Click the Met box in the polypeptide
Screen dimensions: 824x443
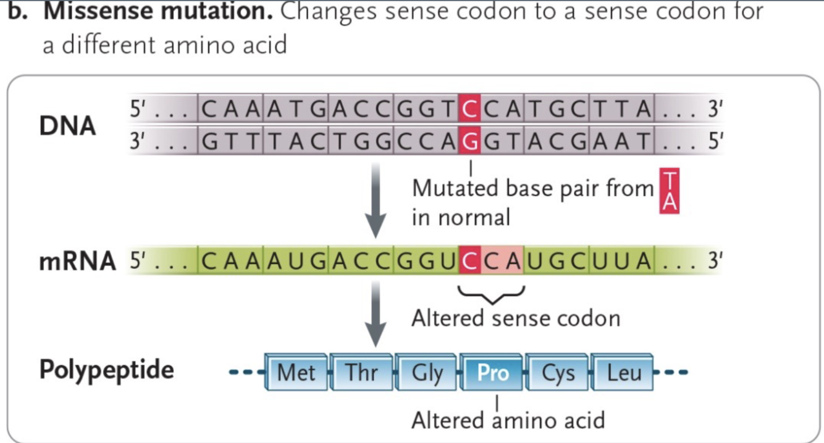pyautogui.click(x=296, y=373)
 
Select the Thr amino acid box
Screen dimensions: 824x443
pyautogui.click(x=361, y=373)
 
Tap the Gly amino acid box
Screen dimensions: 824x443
pyautogui.click(x=427, y=373)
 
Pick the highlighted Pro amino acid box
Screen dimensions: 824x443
pyautogui.click(x=492, y=373)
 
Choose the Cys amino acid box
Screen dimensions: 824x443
pyautogui.click(x=558, y=373)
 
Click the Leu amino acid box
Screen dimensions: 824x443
pyautogui.click(x=623, y=373)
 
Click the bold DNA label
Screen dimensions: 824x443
pyautogui.click(x=68, y=126)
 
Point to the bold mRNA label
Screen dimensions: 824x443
pyautogui.click(x=77, y=262)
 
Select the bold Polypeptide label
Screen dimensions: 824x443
pyautogui.click(x=106, y=370)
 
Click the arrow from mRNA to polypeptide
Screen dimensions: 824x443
pyautogui.click(x=376, y=315)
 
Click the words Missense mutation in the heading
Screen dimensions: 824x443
pyautogui.click(x=158, y=11)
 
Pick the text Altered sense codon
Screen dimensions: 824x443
pyautogui.click(x=515, y=318)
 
